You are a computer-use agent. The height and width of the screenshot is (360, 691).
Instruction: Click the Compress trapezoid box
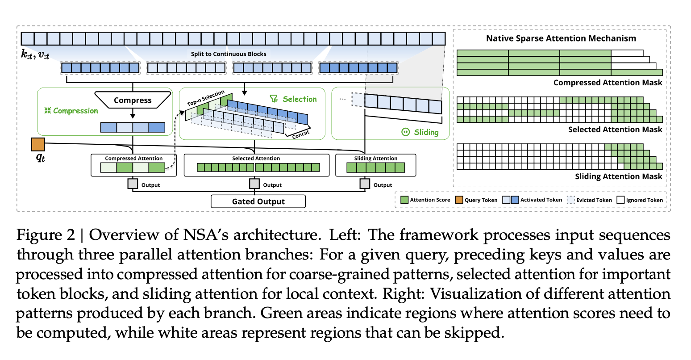tap(133, 100)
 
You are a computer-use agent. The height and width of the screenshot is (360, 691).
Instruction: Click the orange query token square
tap(38, 144)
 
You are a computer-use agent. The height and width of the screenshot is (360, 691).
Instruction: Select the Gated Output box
tap(258, 201)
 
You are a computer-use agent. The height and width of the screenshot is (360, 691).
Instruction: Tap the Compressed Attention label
tap(133, 159)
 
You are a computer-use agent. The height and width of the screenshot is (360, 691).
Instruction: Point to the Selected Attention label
tap(256, 159)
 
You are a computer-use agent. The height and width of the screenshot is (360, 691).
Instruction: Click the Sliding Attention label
tap(375, 159)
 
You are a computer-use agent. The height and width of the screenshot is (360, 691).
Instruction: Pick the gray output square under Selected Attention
tap(254, 184)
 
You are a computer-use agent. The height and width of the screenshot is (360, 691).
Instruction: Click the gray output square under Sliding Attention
tap(365, 184)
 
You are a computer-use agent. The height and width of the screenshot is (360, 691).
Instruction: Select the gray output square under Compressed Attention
tap(133, 184)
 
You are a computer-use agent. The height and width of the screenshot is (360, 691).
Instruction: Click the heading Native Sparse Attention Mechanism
tap(561, 38)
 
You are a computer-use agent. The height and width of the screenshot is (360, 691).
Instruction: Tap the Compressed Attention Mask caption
tap(608, 83)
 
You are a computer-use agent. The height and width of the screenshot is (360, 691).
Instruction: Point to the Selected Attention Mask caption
tap(615, 130)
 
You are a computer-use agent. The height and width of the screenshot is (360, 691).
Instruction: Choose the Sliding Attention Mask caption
tap(618, 176)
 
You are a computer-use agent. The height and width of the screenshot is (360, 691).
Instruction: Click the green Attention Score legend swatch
tap(404, 200)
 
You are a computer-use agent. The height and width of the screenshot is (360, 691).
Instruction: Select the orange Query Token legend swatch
tap(459, 200)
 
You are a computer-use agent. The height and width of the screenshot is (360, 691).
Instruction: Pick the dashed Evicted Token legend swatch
tap(570, 200)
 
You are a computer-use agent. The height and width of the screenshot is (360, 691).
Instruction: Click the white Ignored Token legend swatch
tap(620, 200)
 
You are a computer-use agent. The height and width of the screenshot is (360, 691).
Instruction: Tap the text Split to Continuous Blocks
tap(229, 54)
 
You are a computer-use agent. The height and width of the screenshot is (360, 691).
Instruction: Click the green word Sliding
tap(426, 132)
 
